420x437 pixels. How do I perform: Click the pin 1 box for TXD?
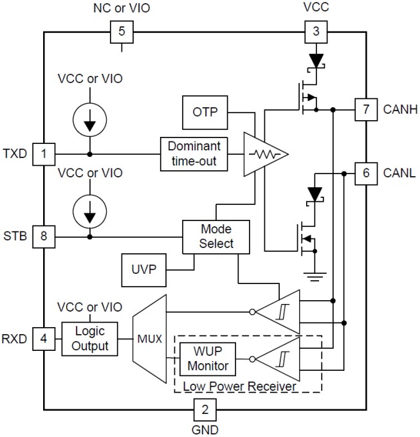(x=44, y=154)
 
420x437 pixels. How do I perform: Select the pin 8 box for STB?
(x=44, y=236)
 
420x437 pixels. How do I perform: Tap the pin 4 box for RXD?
(x=44, y=337)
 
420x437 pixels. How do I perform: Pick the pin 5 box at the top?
(x=122, y=31)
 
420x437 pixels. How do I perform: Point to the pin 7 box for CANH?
(x=365, y=110)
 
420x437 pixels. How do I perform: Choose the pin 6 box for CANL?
(x=365, y=173)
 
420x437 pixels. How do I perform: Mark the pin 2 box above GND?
(x=205, y=409)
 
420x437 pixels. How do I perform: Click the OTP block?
(x=206, y=112)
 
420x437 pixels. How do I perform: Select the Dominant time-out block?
(x=194, y=154)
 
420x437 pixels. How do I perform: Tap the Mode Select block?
(x=216, y=236)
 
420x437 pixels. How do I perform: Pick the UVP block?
(x=142, y=270)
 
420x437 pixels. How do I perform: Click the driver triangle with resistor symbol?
(x=262, y=154)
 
